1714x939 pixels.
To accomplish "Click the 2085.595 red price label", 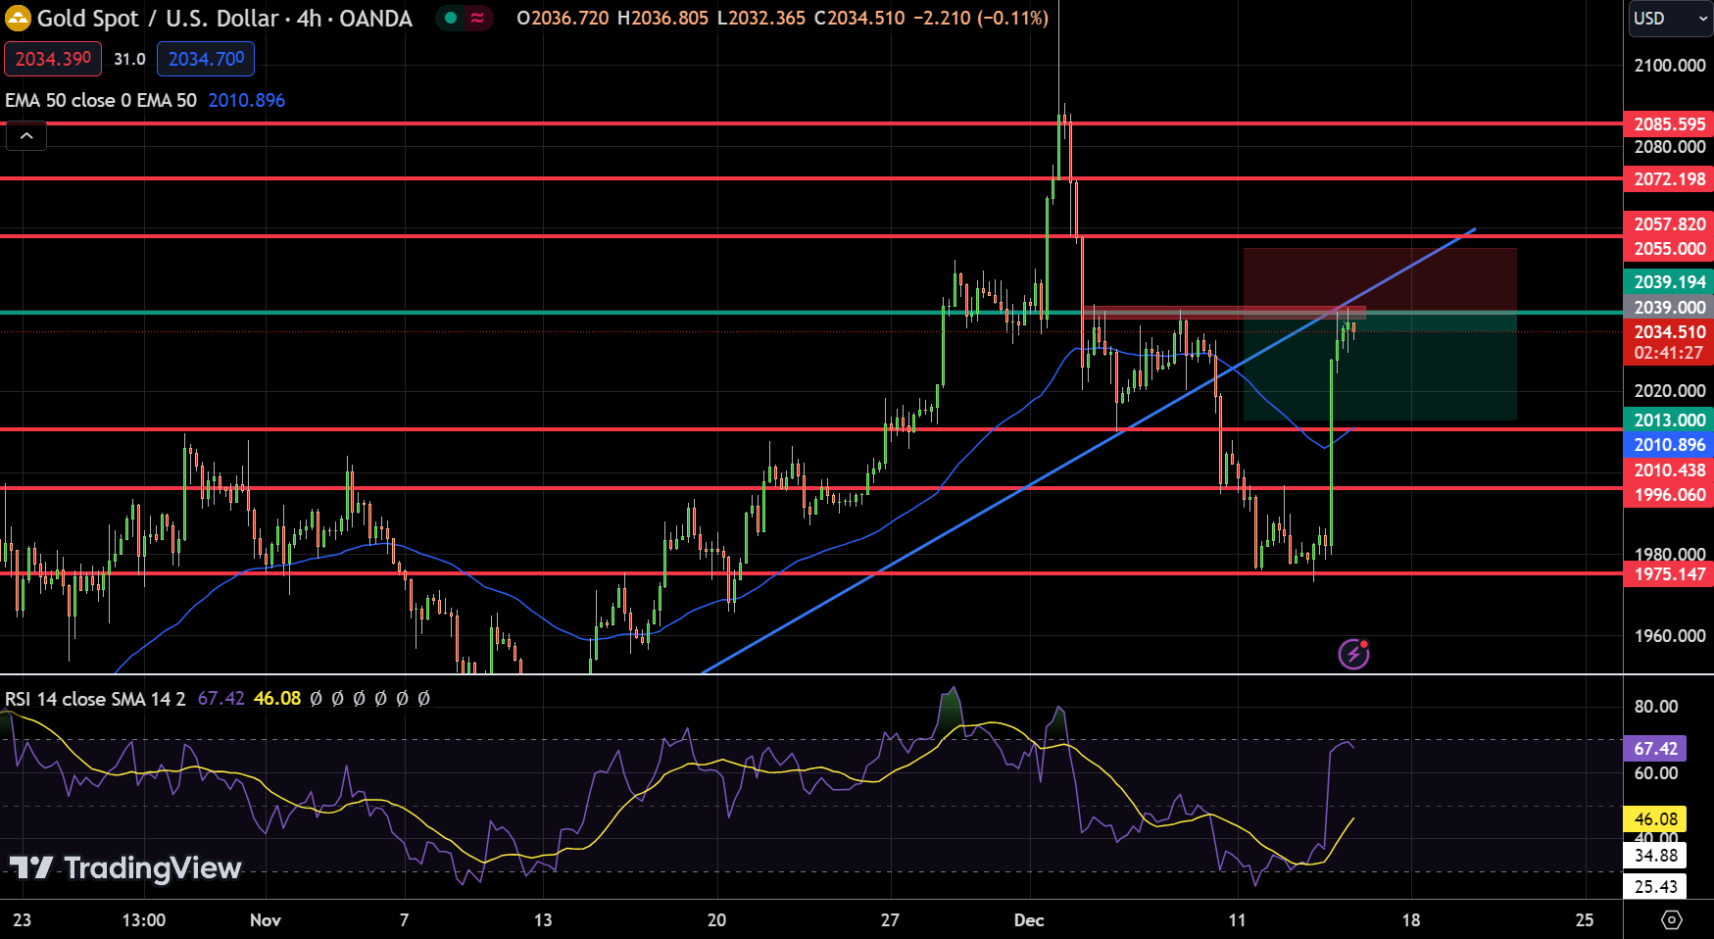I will coord(1669,124).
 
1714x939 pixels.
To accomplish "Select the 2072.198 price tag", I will coord(1669,179).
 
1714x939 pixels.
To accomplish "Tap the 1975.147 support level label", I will coord(1669,574).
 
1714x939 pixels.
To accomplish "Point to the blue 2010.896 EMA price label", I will coord(1669,445).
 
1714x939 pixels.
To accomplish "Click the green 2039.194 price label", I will coord(1669,282).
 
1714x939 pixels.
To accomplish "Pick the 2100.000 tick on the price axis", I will coord(1669,66).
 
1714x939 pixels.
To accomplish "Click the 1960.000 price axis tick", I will coord(1669,636).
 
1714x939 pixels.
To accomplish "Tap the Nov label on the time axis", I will coord(266,920).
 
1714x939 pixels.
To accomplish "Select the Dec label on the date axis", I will coord(1029,920).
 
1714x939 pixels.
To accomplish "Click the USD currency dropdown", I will coord(1669,19).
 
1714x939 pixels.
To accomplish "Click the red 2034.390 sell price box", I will coord(53,59).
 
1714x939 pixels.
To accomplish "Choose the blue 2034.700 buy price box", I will coord(206,59).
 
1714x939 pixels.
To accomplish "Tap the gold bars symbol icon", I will coord(18,18).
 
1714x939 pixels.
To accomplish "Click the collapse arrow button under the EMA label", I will coord(26,136).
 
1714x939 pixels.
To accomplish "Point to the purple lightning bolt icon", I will coord(1353,653).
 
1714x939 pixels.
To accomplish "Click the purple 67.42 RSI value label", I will coord(1655,749).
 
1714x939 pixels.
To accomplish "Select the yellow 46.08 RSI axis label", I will coord(1655,819).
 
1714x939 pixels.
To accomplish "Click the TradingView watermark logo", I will coord(125,868).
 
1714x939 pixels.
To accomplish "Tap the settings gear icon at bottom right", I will coord(1672,920).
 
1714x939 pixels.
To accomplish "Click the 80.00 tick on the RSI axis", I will coord(1655,707).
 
